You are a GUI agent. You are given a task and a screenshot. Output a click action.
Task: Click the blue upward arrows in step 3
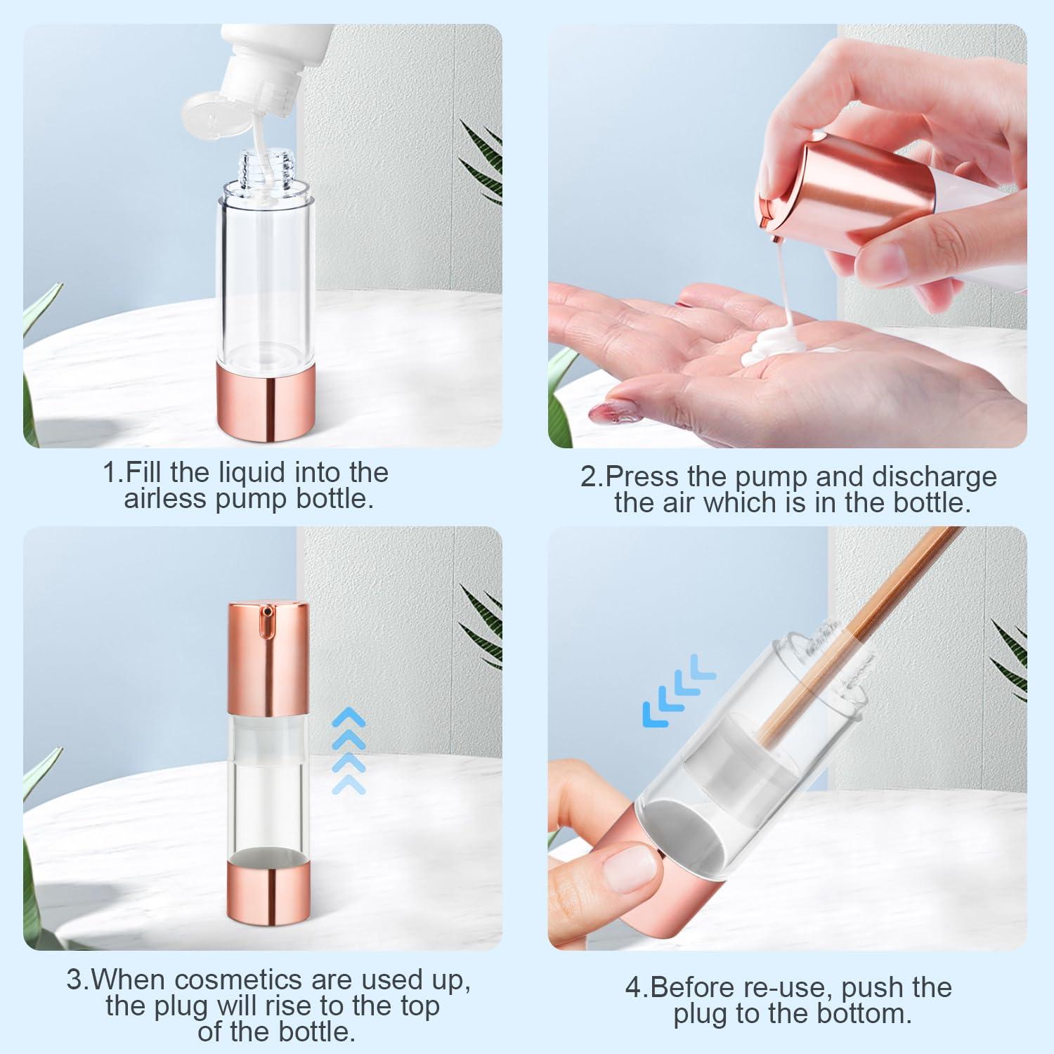click(x=349, y=752)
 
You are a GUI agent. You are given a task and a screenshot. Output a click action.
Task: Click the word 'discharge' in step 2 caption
click(x=934, y=476)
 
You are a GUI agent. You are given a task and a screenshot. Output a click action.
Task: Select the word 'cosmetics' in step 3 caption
click(x=238, y=979)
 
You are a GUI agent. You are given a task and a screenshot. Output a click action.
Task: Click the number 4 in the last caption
click(x=634, y=987)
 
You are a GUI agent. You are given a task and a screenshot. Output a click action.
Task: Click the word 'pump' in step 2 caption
click(x=772, y=476)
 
